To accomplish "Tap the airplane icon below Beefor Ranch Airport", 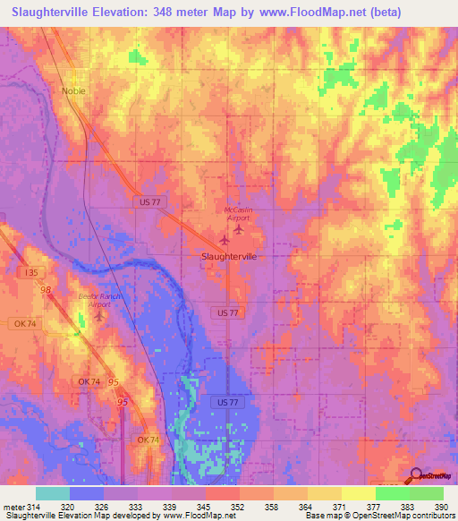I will point(98,316).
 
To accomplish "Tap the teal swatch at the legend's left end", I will point(52,493).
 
